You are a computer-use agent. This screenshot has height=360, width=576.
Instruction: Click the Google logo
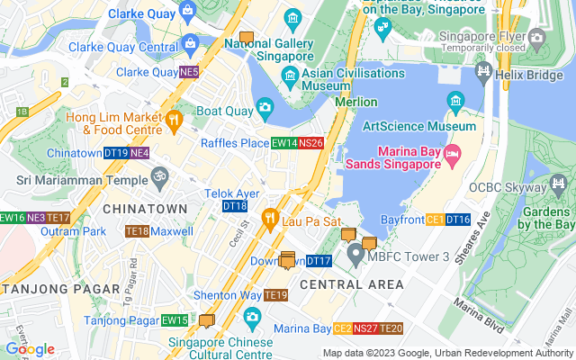[30, 349]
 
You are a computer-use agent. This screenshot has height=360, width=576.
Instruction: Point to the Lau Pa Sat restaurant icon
[269, 217]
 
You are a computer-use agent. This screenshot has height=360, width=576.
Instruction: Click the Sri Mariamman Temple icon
[160, 176]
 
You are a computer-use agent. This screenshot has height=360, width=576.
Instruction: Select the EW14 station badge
[284, 142]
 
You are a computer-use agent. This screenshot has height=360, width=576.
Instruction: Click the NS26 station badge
[310, 142]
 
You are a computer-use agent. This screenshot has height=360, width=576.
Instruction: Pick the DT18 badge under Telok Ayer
[234, 206]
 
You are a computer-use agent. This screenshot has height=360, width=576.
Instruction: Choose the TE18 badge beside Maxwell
[137, 231]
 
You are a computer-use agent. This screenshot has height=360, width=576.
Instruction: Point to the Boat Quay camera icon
[265, 108]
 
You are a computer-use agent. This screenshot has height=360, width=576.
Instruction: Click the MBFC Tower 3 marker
[355, 254]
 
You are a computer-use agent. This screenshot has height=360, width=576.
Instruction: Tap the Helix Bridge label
[539, 69]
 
